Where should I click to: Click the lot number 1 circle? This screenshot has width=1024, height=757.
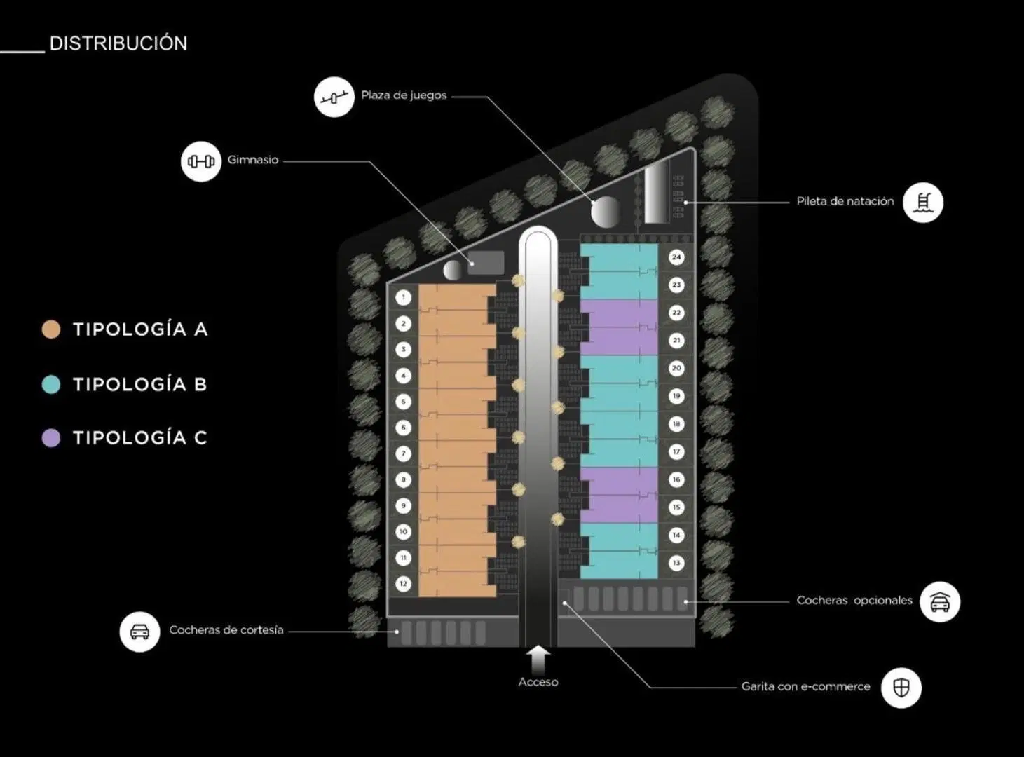(404, 297)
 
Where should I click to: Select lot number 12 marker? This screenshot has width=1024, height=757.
(404, 584)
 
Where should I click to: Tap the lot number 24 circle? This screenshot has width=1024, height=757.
(676, 257)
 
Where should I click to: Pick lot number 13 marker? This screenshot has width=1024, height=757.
(676, 563)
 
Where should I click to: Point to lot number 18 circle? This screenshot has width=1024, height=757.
(676, 424)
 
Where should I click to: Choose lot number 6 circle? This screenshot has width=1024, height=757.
(404, 428)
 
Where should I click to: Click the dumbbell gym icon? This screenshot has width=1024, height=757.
(201, 161)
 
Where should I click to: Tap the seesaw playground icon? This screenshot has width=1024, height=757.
(334, 97)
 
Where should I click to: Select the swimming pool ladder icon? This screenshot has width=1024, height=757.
(923, 203)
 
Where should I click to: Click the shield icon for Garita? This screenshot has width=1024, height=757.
(901, 688)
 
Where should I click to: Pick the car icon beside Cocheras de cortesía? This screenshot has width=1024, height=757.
(140, 632)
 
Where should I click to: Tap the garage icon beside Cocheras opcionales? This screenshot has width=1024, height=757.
(940, 602)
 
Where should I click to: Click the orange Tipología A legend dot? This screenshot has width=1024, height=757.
(51, 329)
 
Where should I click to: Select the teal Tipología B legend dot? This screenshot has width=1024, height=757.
(51, 384)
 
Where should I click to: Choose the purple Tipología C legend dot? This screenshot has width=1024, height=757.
(51, 438)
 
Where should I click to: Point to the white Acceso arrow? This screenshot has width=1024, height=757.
(538, 660)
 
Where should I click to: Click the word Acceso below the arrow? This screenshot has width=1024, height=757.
(538, 682)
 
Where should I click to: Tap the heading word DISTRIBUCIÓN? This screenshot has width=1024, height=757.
(118, 43)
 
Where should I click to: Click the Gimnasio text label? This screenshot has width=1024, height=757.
(253, 160)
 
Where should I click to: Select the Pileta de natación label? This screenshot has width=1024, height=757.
(845, 201)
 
